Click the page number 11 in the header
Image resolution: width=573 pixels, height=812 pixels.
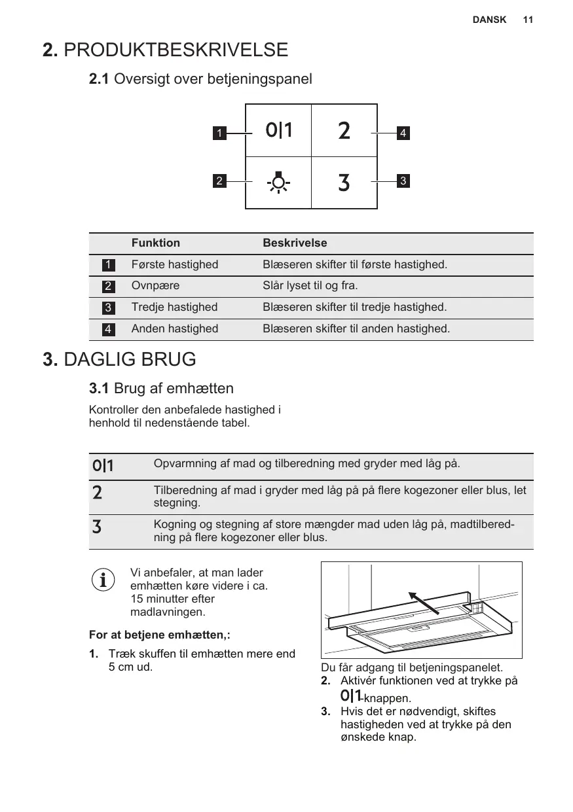528,20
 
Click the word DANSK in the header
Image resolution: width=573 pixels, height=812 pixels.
489,20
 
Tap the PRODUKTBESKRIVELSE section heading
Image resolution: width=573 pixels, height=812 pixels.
165,50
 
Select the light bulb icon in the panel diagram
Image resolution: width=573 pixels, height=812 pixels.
279,182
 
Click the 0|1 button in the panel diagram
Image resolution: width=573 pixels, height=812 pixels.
279,131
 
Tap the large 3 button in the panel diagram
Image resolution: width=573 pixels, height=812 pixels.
344,183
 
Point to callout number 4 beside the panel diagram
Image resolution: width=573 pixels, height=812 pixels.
403,133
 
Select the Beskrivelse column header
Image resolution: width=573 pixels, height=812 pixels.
295,243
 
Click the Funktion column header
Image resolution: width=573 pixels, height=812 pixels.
156,243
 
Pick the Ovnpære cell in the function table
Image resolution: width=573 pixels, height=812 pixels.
156,286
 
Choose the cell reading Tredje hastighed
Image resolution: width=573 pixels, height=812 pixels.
175,307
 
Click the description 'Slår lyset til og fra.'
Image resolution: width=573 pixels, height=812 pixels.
310,286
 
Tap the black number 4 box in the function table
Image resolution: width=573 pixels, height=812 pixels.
107,329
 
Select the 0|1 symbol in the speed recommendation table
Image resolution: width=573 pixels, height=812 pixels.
103,466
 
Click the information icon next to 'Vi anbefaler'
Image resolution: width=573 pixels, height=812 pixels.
102,579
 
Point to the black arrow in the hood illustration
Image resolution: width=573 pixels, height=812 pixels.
424,603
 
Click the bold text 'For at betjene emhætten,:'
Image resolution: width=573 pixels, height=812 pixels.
159,635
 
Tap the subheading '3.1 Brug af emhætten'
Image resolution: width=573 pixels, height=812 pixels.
161,389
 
